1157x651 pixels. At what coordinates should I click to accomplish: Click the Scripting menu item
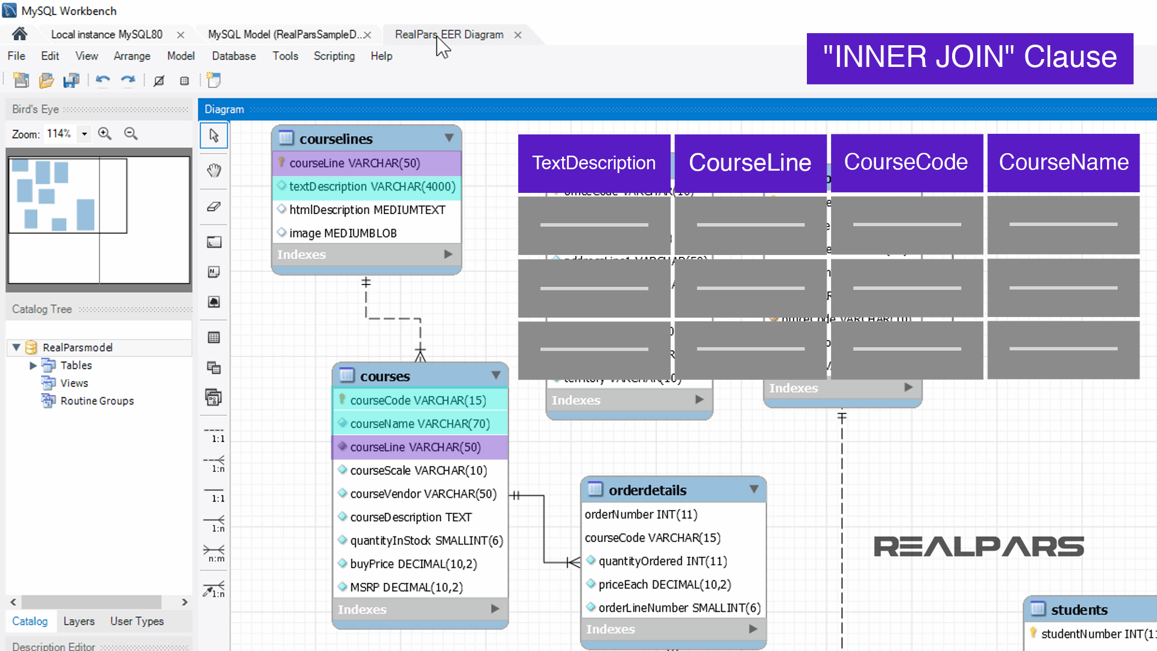coord(334,56)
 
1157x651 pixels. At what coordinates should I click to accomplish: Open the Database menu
coord(234,56)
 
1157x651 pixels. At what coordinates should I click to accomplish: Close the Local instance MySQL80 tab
coord(180,35)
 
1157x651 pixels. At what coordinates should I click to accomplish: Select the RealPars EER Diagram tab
coord(449,34)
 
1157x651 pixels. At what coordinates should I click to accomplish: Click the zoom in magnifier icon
coord(105,134)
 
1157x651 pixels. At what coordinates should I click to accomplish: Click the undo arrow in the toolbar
coord(103,80)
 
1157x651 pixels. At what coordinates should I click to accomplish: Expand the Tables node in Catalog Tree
coord(33,365)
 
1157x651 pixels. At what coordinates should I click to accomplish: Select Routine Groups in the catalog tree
coord(96,401)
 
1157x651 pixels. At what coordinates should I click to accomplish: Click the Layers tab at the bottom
coord(79,621)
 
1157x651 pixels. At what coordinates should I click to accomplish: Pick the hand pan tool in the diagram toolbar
coord(214,171)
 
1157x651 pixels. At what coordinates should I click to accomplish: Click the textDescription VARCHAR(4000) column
coord(372,186)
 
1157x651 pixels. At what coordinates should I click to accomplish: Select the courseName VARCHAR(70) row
coord(420,424)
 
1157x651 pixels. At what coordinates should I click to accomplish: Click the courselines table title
coord(336,139)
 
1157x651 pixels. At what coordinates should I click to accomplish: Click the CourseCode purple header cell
coord(906,162)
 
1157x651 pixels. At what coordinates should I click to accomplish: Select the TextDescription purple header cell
coord(594,163)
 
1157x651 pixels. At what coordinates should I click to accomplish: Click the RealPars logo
coord(979,547)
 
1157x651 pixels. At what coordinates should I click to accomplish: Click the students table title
coord(1079,610)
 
